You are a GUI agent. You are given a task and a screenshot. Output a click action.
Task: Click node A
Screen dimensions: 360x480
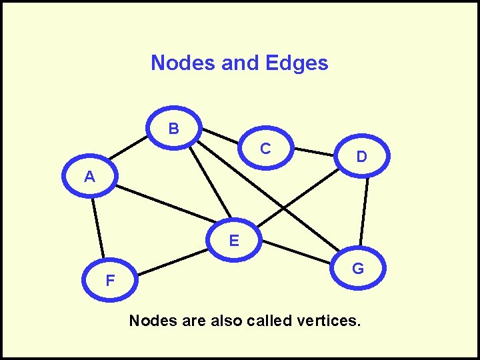pos(89,177)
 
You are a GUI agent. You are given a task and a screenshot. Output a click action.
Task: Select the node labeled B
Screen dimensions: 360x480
pos(173,129)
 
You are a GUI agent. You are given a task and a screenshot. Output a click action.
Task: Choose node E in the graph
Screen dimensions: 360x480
pos(234,241)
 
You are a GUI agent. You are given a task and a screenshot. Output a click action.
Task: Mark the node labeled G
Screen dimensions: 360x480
pos(358,269)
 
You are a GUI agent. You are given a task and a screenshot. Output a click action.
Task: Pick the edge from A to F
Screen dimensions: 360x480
pos(98,227)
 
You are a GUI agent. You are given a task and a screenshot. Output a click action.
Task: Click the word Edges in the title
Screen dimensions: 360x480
pos(296,63)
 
